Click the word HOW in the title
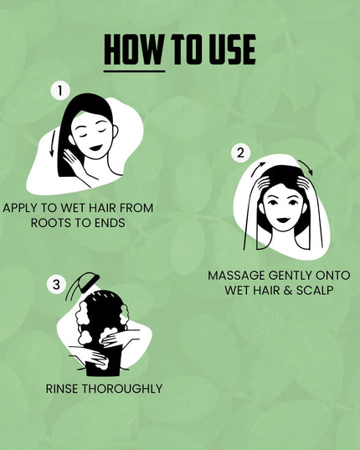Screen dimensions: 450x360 click(133, 49)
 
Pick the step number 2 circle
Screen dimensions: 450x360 click(240, 153)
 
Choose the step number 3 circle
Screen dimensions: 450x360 click(57, 285)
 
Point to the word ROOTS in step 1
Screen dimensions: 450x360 click(50, 223)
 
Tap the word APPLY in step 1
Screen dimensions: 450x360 click(23, 208)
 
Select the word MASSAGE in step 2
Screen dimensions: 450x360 click(235, 276)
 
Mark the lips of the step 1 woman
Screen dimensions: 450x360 click(95, 147)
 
